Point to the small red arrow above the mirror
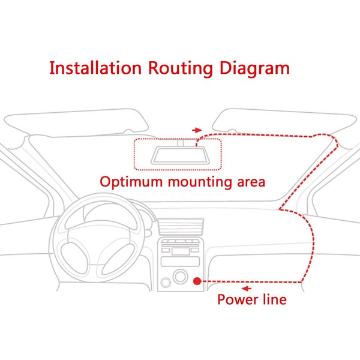point(196,130)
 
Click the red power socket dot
point(197,281)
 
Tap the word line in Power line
point(274,298)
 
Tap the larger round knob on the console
point(179,277)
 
